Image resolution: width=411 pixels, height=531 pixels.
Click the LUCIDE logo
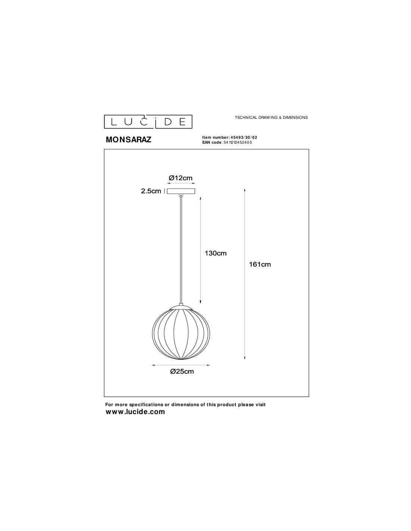(148, 122)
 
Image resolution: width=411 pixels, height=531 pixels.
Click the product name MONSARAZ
(129, 140)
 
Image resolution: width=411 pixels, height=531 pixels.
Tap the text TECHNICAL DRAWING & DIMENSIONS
(271, 118)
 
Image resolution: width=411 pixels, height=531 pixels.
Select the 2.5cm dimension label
(151, 191)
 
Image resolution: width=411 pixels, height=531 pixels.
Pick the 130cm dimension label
(216, 253)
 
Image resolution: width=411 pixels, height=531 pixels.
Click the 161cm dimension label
(260, 264)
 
